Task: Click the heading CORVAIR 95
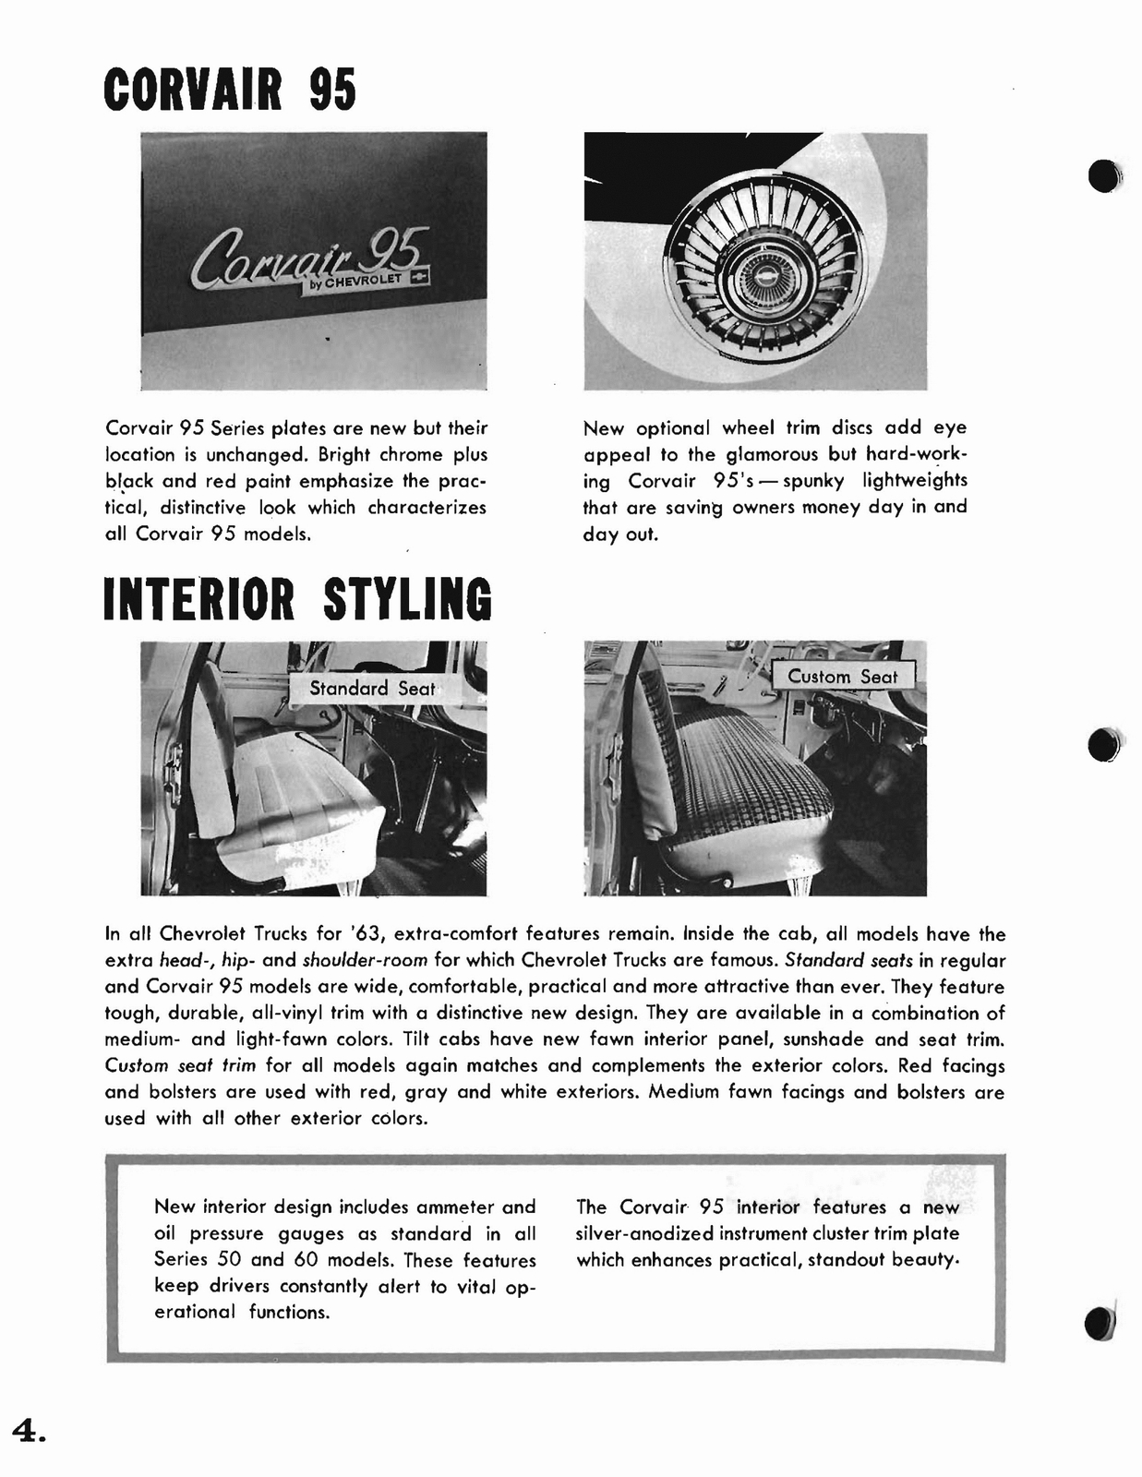[x=230, y=90]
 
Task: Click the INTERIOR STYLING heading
[x=297, y=599]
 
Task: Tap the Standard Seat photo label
[x=372, y=689]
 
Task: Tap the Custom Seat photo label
[x=842, y=677]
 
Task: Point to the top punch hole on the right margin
[x=1103, y=176]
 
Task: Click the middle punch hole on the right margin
[x=1104, y=745]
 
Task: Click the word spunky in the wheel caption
[x=813, y=481]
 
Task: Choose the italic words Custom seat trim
[x=181, y=1065]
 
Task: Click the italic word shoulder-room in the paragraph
[x=365, y=960]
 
